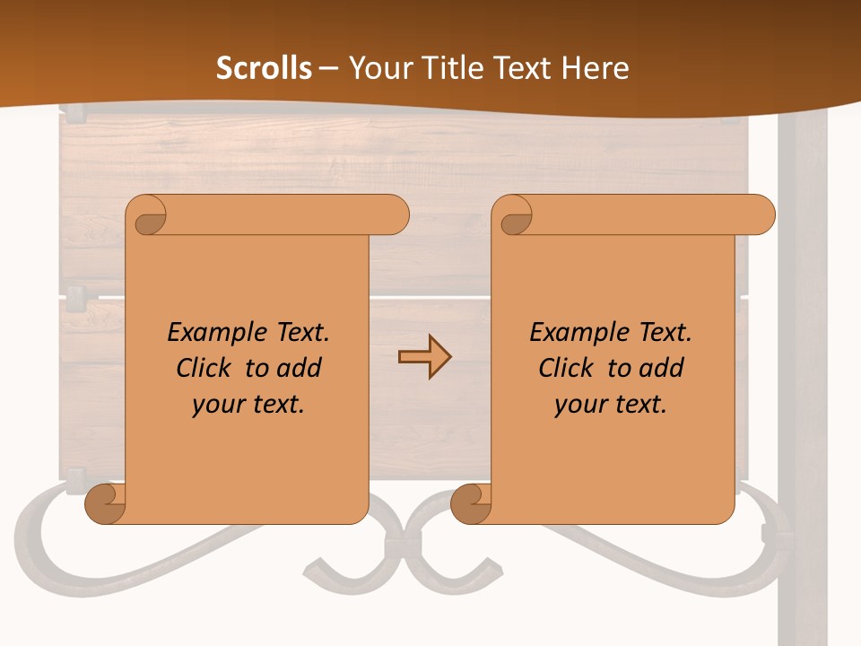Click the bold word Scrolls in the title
tap(265, 68)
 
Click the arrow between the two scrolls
tap(424, 358)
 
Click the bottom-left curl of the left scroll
tap(104, 504)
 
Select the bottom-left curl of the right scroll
tap(470, 504)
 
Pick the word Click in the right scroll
tap(567, 368)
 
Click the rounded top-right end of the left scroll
tap(395, 215)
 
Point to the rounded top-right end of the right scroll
tap(761, 215)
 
